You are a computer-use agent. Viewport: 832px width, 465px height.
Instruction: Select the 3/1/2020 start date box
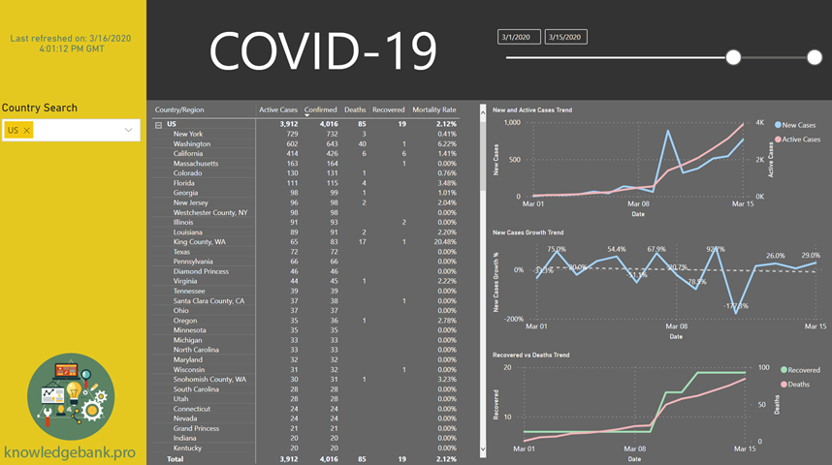[x=519, y=37]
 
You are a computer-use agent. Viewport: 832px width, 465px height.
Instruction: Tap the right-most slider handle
[x=815, y=58]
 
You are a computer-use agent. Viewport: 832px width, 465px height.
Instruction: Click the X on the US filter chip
[x=27, y=130]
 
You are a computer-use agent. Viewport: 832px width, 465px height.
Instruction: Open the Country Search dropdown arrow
[x=128, y=130]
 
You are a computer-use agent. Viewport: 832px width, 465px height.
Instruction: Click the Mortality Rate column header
[x=433, y=109]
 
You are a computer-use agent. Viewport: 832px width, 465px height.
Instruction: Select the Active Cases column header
[x=278, y=109]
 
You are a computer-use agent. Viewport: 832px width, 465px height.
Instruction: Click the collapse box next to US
[x=159, y=125]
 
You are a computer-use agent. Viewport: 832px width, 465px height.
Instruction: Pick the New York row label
[x=188, y=134]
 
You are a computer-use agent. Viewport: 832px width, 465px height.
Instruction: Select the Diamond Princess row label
[x=202, y=271]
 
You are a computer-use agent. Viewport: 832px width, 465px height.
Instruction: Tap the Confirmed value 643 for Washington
[x=328, y=144]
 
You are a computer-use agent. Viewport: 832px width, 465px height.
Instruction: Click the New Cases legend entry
[x=798, y=125]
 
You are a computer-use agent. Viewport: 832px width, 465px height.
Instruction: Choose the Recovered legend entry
[x=802, y=370]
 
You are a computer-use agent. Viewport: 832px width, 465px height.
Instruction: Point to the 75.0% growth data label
[x=557, y=249]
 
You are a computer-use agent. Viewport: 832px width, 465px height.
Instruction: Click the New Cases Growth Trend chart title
[x=528, y=232]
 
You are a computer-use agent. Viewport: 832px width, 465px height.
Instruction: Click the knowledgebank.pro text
[x=70, y=452]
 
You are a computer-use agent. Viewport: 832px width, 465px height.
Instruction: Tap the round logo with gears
[x=71, y=396]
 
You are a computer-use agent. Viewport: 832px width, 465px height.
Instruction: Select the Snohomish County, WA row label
[x=209, y=380]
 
